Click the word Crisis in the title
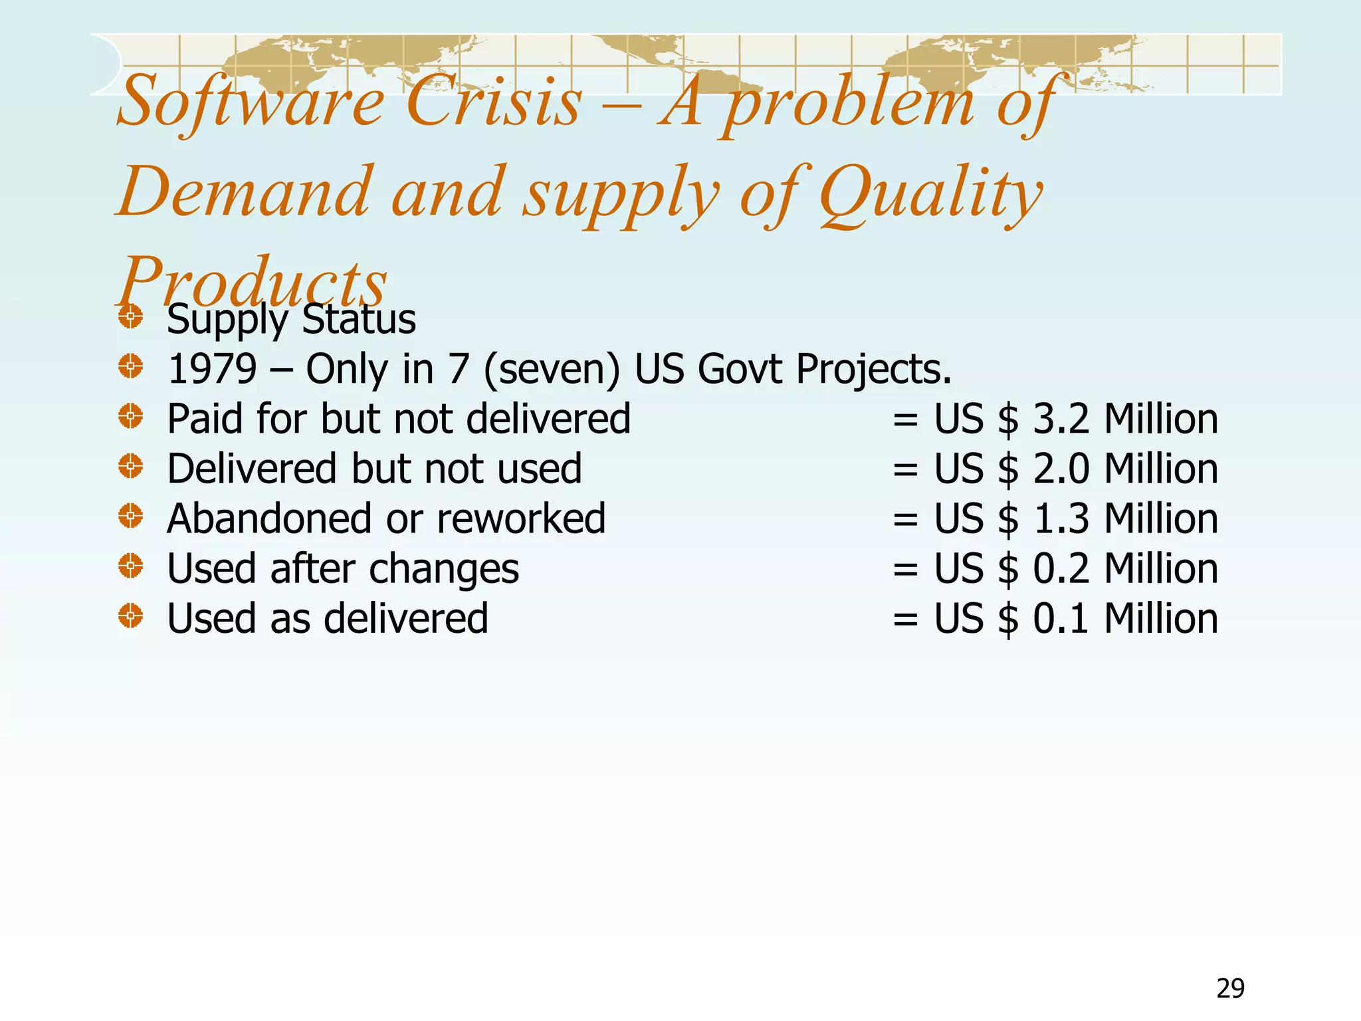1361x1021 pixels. [493, 102]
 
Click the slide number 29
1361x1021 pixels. [1230, 988]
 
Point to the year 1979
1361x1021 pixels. [212, 369]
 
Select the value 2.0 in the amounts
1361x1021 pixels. [1061, 469]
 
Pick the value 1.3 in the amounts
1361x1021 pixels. [1061, 518]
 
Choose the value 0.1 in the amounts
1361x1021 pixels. [1061, 618]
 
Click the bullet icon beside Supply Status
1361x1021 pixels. [131, 316]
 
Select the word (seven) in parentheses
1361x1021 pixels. [551, 369]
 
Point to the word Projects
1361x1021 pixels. [873, 369]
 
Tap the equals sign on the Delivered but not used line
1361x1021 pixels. [905, 470]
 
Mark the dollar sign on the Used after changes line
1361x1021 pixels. [1007, 569]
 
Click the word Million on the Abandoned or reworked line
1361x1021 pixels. [1161, 518]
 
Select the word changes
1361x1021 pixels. [443, 570]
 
